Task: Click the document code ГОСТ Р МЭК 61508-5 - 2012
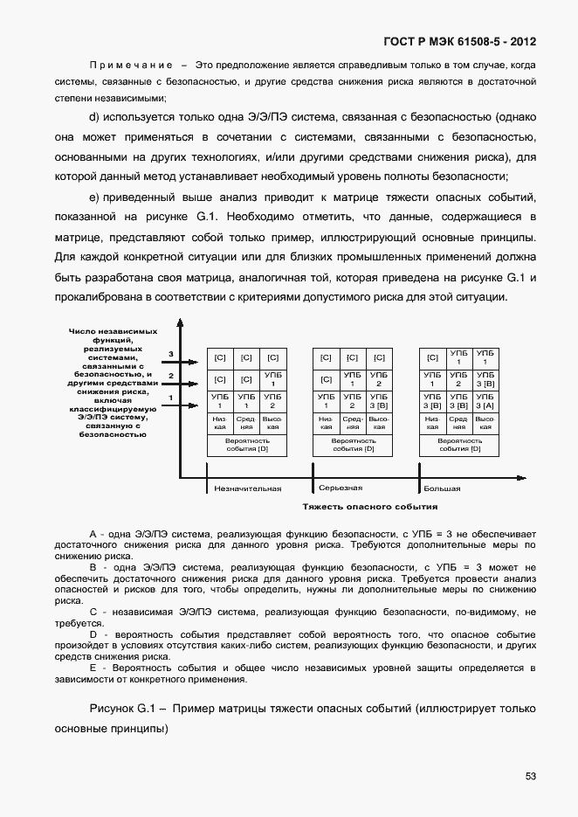coord(460,41)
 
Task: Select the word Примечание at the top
coord(128,66)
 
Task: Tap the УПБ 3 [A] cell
coord(485,401)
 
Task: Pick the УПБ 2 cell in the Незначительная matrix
coord(273,401)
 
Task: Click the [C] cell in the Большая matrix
coord(432,357)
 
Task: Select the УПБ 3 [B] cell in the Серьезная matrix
coord(378,401)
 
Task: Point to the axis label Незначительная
coord(248,488)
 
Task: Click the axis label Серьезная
coord(341,488)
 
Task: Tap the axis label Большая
coord(442,488)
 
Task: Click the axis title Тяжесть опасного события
coord(369,507)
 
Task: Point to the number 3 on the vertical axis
coord(171,354)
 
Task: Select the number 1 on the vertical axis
coord(171,398)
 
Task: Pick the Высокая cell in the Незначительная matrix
coord(273,423)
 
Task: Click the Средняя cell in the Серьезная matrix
coord(353,423)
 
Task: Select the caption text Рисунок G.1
coord(123,708)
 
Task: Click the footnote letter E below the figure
coord(92,668)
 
